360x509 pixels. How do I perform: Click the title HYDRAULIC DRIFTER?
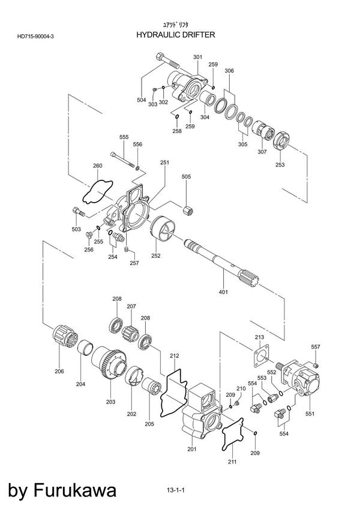tap(176, 35)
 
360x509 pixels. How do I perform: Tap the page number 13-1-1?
tap(176, 490)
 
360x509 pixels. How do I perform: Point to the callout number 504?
tap(142, 100)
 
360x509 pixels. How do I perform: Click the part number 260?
tap(97, 165)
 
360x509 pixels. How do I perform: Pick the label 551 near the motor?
tap(310, 414)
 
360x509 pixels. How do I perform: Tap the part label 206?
tap(59, 372)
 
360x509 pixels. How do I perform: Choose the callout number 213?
tap(260, 338)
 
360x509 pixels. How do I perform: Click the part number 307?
tap(262, 152)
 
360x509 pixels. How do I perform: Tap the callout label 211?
tap(232, 462)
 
